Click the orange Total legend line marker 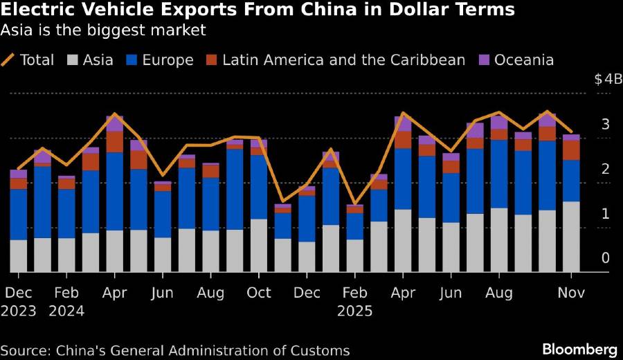(9, 60)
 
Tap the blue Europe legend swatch (132, 60)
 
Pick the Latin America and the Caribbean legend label (343, 60)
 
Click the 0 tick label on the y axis (606, 258)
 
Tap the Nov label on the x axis (571, 293)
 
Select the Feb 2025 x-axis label (355, 302)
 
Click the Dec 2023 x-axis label (19, 302)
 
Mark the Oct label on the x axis (259, 293)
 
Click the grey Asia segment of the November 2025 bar (571, 237)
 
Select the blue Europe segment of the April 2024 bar (115, 191)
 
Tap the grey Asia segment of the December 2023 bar (19, 255)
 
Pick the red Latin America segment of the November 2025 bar (571, 150)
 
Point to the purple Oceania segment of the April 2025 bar (403, 123)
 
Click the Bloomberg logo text (578, 348)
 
